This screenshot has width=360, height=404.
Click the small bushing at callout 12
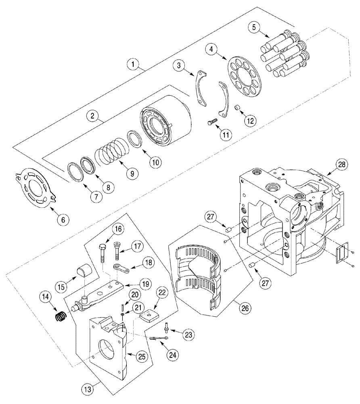point(238,109)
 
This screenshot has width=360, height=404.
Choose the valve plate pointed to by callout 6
point(36,189)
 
